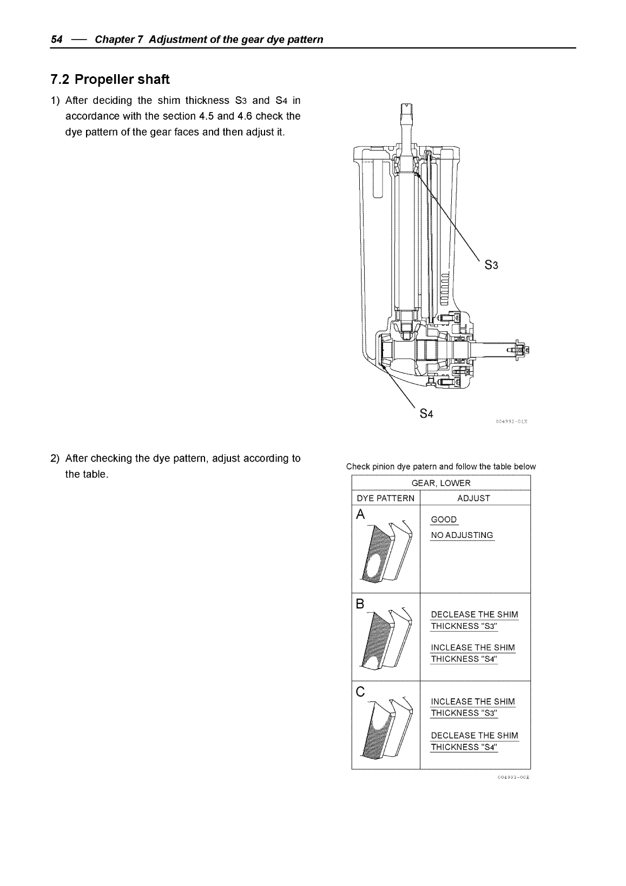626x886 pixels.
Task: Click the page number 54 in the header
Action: click(x=56, y=40)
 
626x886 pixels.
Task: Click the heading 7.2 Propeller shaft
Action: click(x=110, y=80)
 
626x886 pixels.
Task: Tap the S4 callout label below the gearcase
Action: click(x=427, y=414)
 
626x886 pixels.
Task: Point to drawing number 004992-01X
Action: click(x=511, y=420)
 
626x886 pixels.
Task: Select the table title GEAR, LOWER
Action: click(x=441, y=483)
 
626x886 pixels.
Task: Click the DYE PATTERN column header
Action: click(x=385, y=498)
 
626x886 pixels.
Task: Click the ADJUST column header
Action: click(x=473, y=498)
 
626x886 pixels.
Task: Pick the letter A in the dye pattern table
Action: click(x=361, y=515)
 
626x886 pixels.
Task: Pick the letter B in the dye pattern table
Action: click(x=360, y=604)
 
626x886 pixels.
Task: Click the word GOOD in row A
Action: click(x=444, y=520)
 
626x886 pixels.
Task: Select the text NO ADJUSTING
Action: click(x=462, y=535)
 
